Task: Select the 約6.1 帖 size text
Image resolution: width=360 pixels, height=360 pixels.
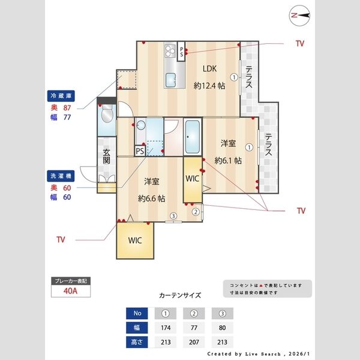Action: (x=229, y=160)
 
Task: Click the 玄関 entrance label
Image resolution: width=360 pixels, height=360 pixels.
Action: (x=106, y=157)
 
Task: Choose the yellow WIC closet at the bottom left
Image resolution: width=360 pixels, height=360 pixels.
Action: (x=135, y=240)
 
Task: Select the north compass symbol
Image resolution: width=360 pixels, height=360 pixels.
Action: (x=298, y=15)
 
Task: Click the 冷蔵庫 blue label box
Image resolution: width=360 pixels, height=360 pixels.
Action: (x=61, y=95)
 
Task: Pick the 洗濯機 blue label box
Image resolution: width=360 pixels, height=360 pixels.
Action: (x=61, y=176)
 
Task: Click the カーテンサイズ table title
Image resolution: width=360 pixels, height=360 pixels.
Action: (x=180, y=295)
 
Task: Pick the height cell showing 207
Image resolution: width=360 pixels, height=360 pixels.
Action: (x=194, y=343)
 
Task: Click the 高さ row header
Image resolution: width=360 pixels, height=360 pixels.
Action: (x=137, y=343)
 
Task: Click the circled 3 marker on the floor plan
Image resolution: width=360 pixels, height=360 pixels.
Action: (x=173, y=216)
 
